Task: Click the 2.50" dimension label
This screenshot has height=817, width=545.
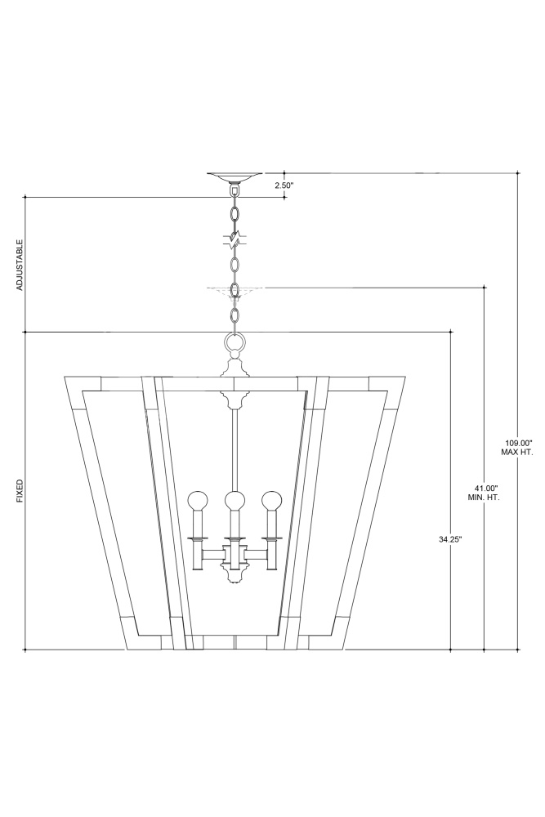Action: click(284, 185)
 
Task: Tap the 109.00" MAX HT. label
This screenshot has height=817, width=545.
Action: click(517, 448)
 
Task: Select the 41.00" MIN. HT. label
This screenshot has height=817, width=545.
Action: click(484, 493)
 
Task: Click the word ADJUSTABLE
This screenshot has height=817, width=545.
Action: click(20, 265)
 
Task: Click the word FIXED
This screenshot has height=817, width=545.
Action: click(20, 491)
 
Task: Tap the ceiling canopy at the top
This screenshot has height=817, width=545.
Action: click(235, 176)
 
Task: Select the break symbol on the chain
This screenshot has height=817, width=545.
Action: click(235, 239)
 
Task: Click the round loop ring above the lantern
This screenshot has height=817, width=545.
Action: click(235, 342)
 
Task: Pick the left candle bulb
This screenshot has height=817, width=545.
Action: click(198, 501)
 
